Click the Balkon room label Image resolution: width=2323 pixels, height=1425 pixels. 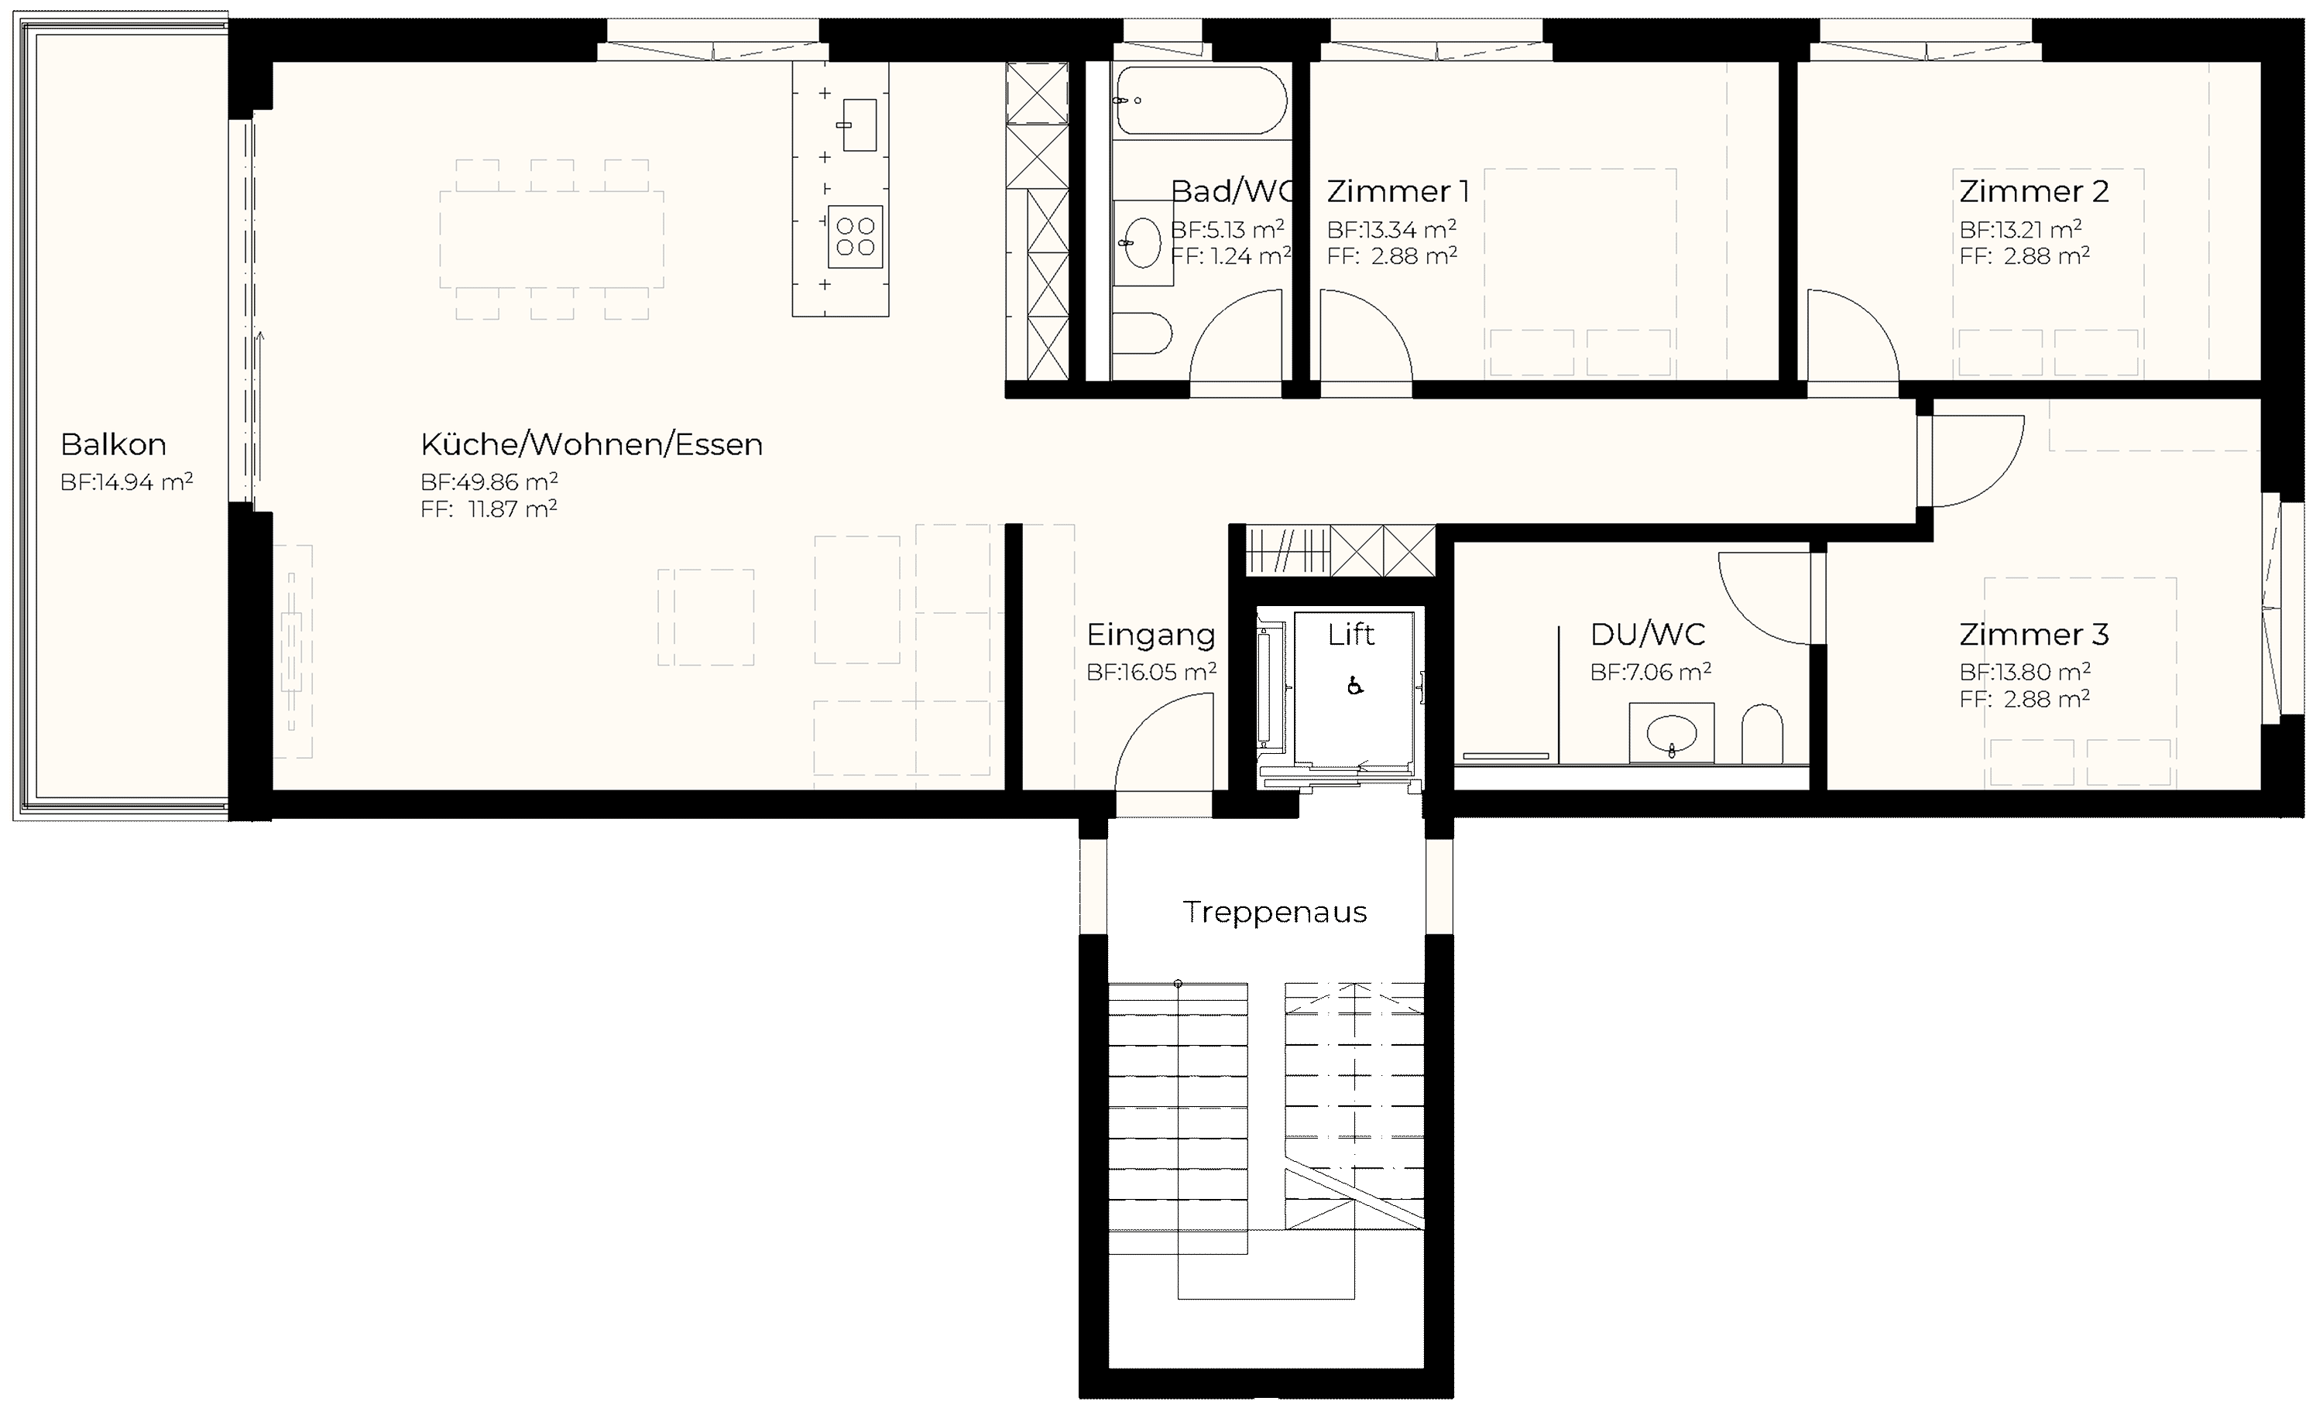pyautogui.click(x=113, y=444)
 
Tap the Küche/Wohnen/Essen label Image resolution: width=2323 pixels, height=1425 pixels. pyautogui.click(x=591, y=444)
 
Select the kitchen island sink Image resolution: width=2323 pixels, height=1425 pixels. pyautogui.click(x=859, y=125)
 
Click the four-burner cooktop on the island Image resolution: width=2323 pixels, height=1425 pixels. pyautogui.click(x=855, y=237)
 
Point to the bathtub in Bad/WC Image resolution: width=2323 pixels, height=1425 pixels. pyautogui.click(x=1200, y=101)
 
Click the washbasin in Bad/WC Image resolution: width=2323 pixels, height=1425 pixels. pyautogui.click(x=1143, y=242)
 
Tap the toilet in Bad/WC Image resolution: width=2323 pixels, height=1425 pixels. pyautogui.click(x=1141, y=334)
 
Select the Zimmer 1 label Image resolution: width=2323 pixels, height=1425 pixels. pyautogui.click(x=1397, y=191)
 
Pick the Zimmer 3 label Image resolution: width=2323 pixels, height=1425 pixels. pyautogui.click(x=2033, y=634)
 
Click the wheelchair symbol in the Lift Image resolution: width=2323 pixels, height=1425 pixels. pyautogui.click(x=1355, y=686)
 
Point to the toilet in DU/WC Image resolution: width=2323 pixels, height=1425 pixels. pyautogui.click(x=1762, y=735)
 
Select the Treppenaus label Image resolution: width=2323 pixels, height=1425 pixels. pyautogui.click(x=1275, y=913)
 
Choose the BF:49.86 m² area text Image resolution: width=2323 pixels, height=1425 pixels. pyautogui.click(x=489, y=481)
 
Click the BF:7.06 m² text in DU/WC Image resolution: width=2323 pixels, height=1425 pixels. pyautogui.click(x=1651, y=672)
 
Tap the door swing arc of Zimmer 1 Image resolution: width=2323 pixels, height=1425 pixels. pyautogui.click(x=1384, y=316)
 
